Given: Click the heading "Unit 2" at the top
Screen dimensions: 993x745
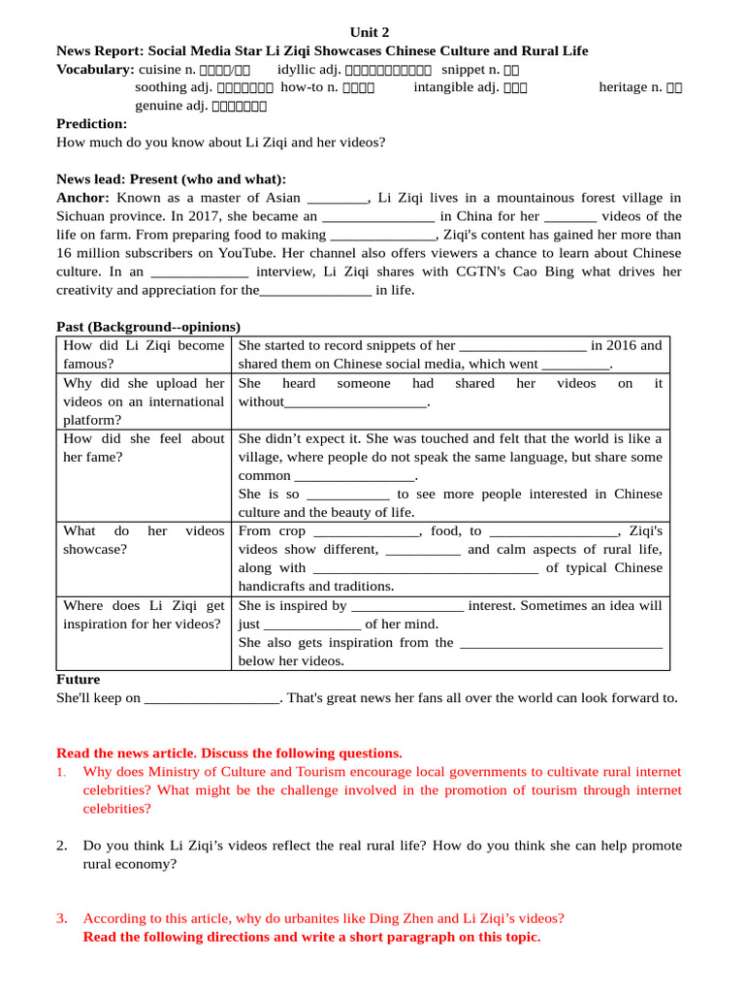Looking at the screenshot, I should [x=372, y=32].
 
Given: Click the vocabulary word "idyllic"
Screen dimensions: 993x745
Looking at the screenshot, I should [x=298, y=69].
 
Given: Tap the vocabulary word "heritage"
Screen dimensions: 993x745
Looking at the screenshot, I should [x=624, y=87].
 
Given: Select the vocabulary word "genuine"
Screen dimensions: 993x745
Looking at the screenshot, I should [x=158, y=106].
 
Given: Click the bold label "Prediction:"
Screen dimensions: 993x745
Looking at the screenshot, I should [x=91, y=124].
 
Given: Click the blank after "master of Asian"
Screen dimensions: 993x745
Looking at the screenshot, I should [x=337, y=198].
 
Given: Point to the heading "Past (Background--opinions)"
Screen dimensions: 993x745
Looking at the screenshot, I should [x=147, y=327].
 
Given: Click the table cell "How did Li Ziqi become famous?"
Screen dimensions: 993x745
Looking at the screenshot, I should [x=143, y=354].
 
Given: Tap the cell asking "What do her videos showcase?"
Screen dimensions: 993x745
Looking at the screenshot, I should [x=143, y=540].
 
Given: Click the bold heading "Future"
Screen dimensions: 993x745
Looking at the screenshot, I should [x=78, y=679].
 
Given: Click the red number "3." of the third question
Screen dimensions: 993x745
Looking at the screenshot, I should [x=62, y=918].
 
